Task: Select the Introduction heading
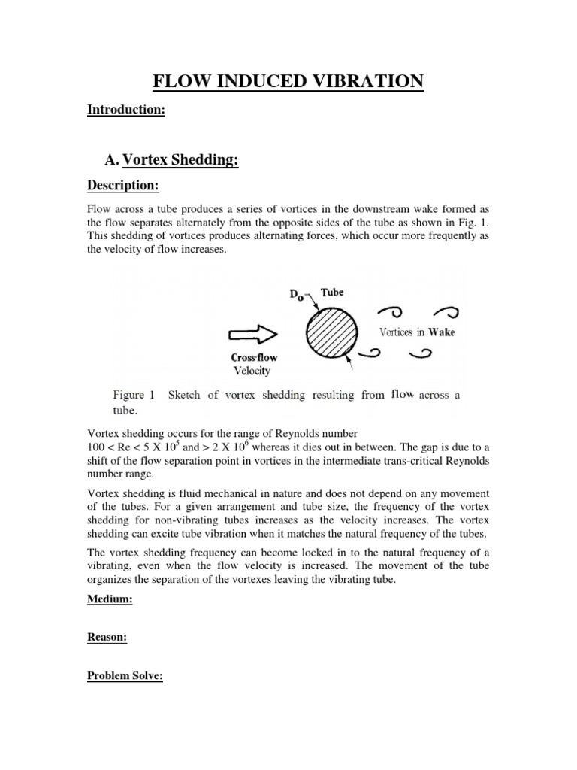click(125, 111)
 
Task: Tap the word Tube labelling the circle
click(332, 292)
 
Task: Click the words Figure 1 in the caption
click(133, 394)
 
